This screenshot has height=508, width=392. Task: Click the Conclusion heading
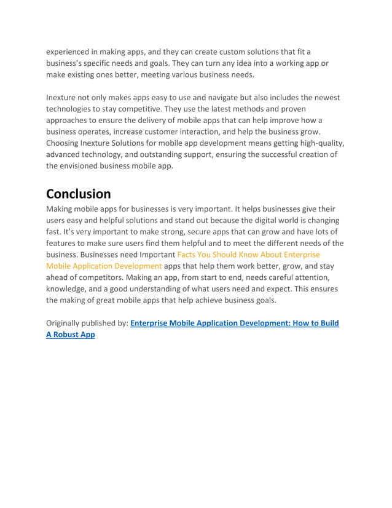click(x=79, y=194)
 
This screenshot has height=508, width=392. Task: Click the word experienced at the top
click(x=71, y=52)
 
